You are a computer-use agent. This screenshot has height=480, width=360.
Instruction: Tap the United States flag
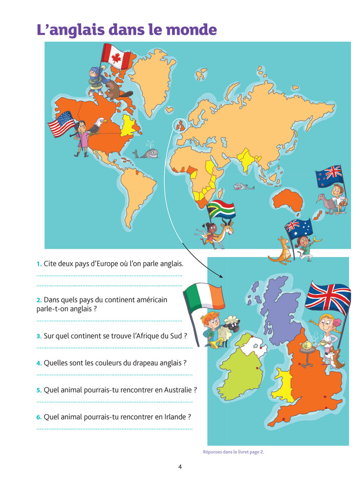click(x=61, y=125)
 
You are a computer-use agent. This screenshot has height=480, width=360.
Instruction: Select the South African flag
click(x=221, y=210)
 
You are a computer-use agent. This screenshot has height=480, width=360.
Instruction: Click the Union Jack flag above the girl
click(x=328, y=297)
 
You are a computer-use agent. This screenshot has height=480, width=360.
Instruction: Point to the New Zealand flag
click(x=329, y=176)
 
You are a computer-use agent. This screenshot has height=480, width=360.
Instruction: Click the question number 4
click(x=39, y=363)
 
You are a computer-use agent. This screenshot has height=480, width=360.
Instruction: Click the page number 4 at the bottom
click(x=180, y=467)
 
